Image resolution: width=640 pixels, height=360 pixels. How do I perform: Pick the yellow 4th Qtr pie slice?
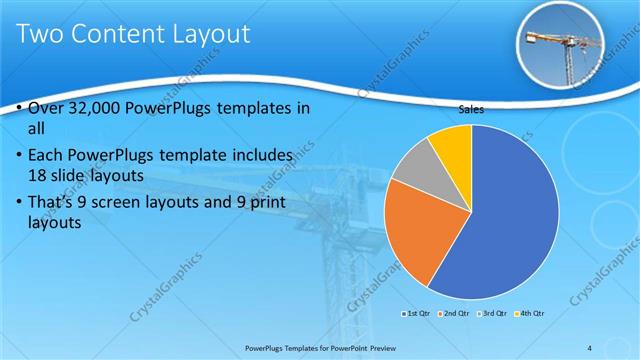point(452,145)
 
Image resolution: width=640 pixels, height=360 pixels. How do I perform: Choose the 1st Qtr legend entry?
point(416,314)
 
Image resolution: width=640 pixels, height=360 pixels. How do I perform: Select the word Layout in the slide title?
point(205,35)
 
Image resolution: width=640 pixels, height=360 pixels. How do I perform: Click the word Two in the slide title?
point(40,35)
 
